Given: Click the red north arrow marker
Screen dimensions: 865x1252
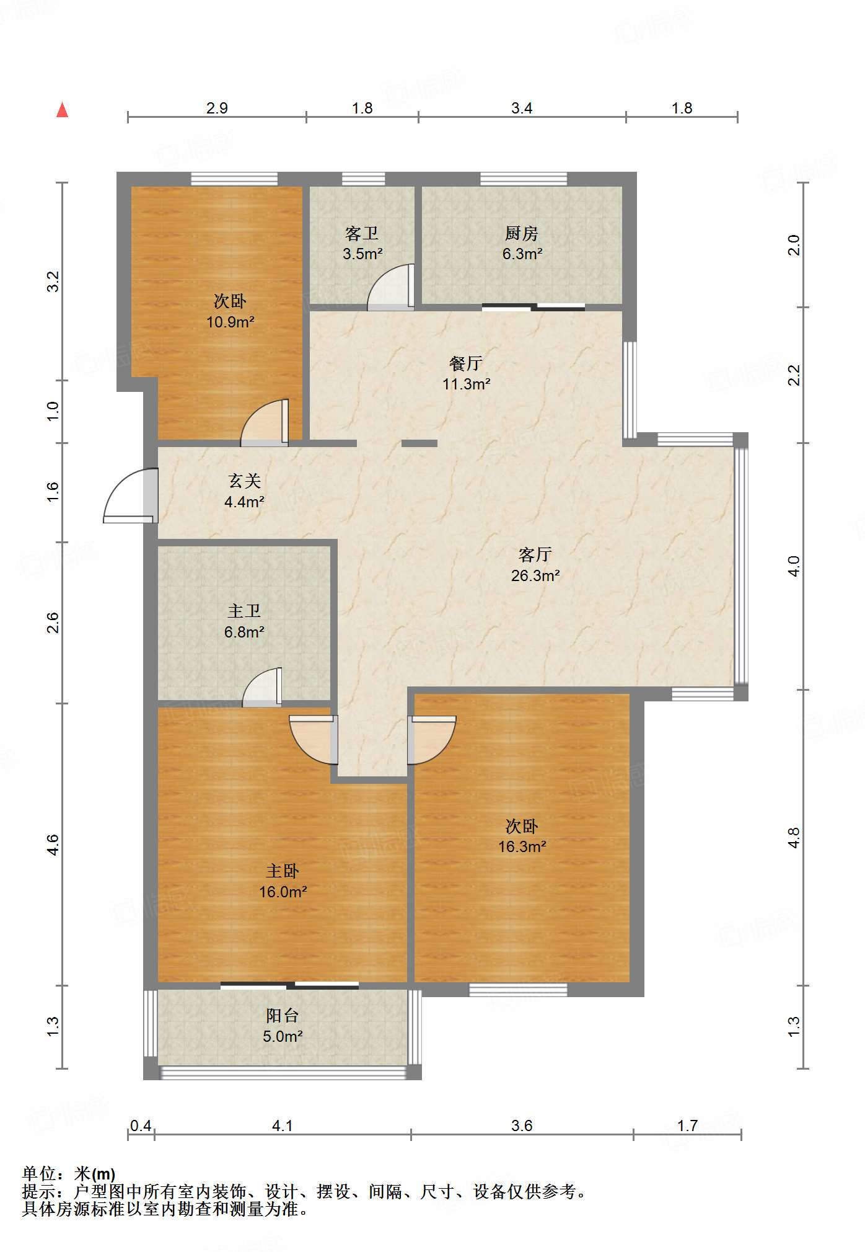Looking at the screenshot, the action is (62, 110).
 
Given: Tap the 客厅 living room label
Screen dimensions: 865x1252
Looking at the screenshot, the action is (535, 554).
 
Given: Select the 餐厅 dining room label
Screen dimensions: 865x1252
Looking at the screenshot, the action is (466, 363).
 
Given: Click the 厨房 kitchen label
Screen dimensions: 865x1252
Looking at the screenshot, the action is (522, 233).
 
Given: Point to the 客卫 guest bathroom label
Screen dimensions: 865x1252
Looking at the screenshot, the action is (362, 233).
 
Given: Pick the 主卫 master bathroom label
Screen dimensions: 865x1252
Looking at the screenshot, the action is (244, 611).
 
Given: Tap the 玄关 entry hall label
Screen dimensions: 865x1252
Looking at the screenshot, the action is (244, 481).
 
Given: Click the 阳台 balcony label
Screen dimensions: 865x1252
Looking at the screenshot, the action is (283, 1015).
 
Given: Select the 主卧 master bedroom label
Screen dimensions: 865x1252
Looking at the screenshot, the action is (283, 871).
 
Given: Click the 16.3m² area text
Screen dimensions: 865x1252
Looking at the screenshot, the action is (522, 846).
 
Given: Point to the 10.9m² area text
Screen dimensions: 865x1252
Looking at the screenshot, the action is (231, 322).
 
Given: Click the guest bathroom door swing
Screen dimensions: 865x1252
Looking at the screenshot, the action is (390, 287).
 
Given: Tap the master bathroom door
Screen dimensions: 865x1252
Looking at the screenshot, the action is (261, 687).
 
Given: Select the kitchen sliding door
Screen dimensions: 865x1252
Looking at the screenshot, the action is (533, 306).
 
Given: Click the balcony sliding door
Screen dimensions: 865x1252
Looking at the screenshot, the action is (289, 985).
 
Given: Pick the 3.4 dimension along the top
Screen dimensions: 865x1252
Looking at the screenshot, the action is (522, 108).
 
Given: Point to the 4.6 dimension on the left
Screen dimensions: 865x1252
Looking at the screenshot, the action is (53, 845).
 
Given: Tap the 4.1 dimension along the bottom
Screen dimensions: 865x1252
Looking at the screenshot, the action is (283, 1125).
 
